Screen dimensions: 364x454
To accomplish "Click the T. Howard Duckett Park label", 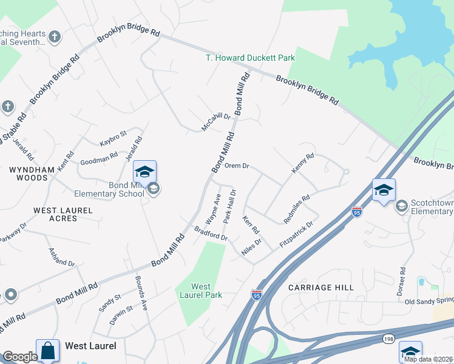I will click(x=249, y=58).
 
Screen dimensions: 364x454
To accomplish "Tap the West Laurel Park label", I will click(x=201, y=291).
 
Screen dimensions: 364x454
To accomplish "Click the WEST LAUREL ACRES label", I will click(x=63, y=214).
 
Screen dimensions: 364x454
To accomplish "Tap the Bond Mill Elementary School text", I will click(x=109, y=189).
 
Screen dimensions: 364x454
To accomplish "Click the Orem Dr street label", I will click(x=237, y=166).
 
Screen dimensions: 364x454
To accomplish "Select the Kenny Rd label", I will click(x=302, y=164).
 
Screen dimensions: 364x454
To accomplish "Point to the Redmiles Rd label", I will click(x=297, y=207).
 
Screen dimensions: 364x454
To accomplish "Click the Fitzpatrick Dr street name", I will click(x=296, y=234).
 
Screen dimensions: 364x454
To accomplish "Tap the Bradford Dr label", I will click(x=211, y=233).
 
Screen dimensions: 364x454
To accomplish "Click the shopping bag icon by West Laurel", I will click(x=47, y=350).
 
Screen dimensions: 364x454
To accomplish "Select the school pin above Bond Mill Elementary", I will click(x=144, y=172).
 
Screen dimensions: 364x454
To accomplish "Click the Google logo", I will click(x=20, y=357).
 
